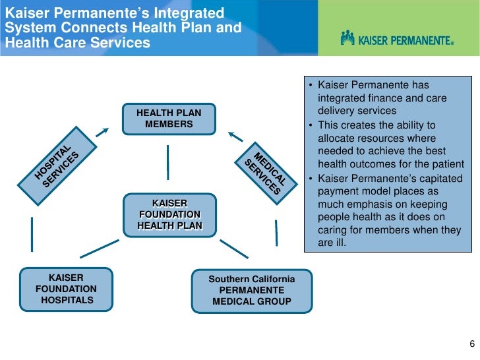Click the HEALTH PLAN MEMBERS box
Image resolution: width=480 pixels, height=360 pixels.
[x=169, y=119]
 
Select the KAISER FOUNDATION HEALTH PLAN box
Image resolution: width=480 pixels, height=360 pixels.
[x=169, y=215]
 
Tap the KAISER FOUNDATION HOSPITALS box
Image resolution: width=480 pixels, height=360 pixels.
[x=67, y=289]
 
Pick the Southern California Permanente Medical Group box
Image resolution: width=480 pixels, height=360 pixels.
[x=252, y=290]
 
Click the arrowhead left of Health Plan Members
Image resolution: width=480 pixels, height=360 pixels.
[x=102, y=131]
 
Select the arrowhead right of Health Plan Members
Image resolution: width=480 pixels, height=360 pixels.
[x=234, y=136]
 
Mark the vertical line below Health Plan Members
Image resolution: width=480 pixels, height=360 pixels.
[x=169, y=161]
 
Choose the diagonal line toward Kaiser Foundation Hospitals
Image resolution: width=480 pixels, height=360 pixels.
[x=99, y=249]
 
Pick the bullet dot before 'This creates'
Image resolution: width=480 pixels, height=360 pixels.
[x=311, y=125]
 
